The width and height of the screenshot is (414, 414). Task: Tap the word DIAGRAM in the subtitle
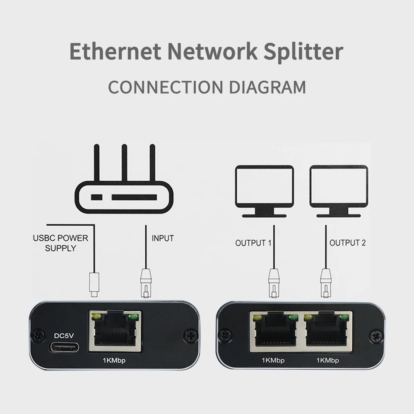pyautogui.click(x=264, y=87)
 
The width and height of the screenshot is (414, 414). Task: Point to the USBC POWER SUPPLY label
pyautogui.click(x=60, y=243)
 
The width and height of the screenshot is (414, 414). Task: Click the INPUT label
pyautogui.click(x=163, y=238)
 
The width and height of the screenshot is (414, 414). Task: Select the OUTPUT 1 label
pyautogui.click(x=253, y=243)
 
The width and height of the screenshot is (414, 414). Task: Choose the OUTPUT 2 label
pyautogui.click(x=347, y=243)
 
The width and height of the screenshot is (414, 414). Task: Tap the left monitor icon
pyautogui.click(x=264, y=191)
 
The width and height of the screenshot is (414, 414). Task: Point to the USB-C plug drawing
pyautogui.click(x=94, y=285)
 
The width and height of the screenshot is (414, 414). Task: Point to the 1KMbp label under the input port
pyautogui.click(x=114, y=360)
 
